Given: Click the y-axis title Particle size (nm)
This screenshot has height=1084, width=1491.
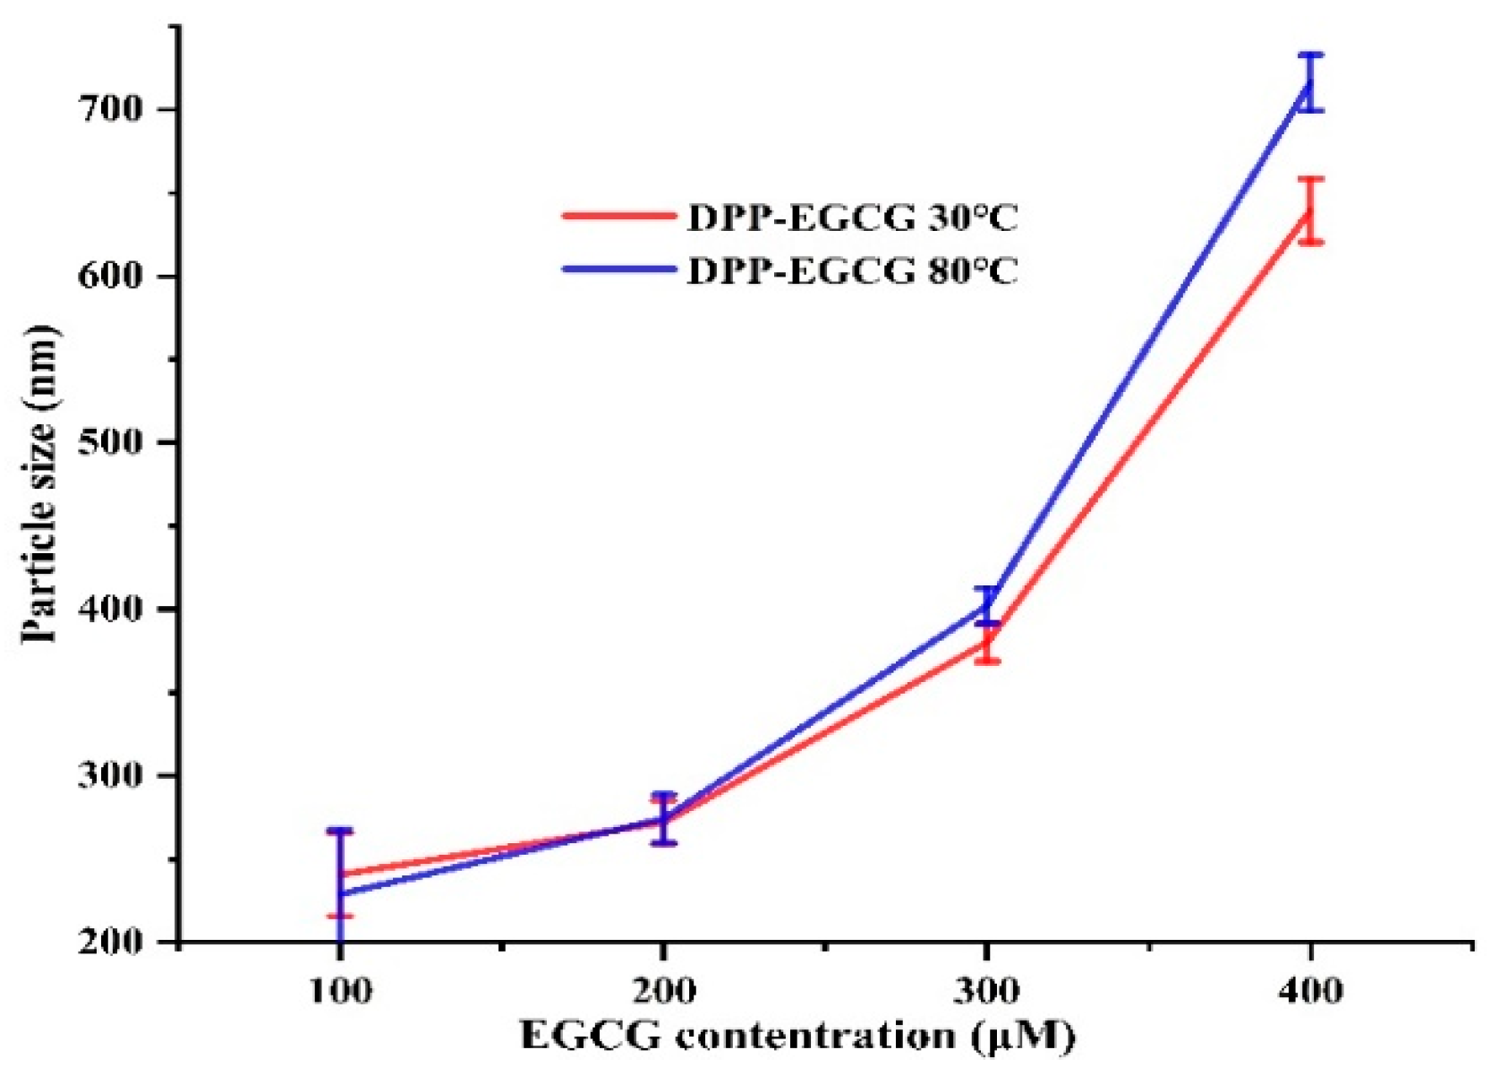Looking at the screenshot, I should pos(40,483).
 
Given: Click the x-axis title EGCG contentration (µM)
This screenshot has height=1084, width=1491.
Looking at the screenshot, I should pos(797,1037).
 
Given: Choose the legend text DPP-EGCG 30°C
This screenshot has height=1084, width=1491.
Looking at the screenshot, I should pos(852,218).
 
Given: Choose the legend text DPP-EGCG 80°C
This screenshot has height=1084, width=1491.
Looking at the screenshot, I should pos(852,269).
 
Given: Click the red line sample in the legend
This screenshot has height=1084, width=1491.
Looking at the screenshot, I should pos(618,216).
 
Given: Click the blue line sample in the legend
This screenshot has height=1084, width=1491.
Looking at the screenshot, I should pos(618,268).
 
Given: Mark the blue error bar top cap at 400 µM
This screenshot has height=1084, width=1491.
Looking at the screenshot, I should pos(1310,55).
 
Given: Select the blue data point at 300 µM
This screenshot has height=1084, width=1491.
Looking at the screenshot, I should pos(986,606).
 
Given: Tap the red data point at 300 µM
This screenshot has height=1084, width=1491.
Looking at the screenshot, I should pos(986,642).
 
